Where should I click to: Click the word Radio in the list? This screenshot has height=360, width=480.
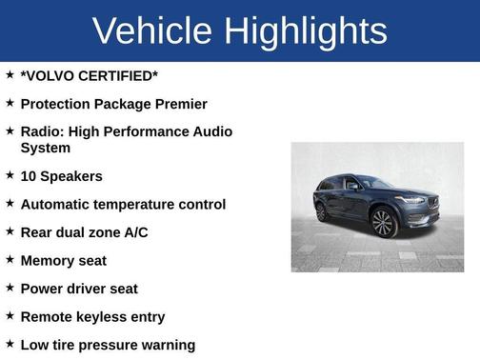pyautogui.click(x=42, y=130)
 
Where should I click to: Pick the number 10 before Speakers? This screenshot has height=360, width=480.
pyautogui.click(x=29, y=176)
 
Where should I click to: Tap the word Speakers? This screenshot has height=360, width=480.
pyautogui.click(x=72, y=176)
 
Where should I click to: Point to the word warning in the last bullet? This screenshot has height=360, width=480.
pyautogui.click(x=164, y=345)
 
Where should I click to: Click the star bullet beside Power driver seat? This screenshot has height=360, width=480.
pyautogui.click(x=10, y=288)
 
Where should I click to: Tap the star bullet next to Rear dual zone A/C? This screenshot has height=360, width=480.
pyautogui.click(x=10, y=231)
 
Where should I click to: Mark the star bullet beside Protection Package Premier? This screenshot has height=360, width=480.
pyautogui.click(x=10, y=102)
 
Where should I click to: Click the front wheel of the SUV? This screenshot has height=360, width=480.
pyautogui.click(x=385, y=223)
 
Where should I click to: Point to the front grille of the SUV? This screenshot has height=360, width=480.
pyautogui.click(x=430, y=204)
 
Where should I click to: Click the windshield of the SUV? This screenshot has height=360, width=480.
pyautogui.click(x=374, y=182)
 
